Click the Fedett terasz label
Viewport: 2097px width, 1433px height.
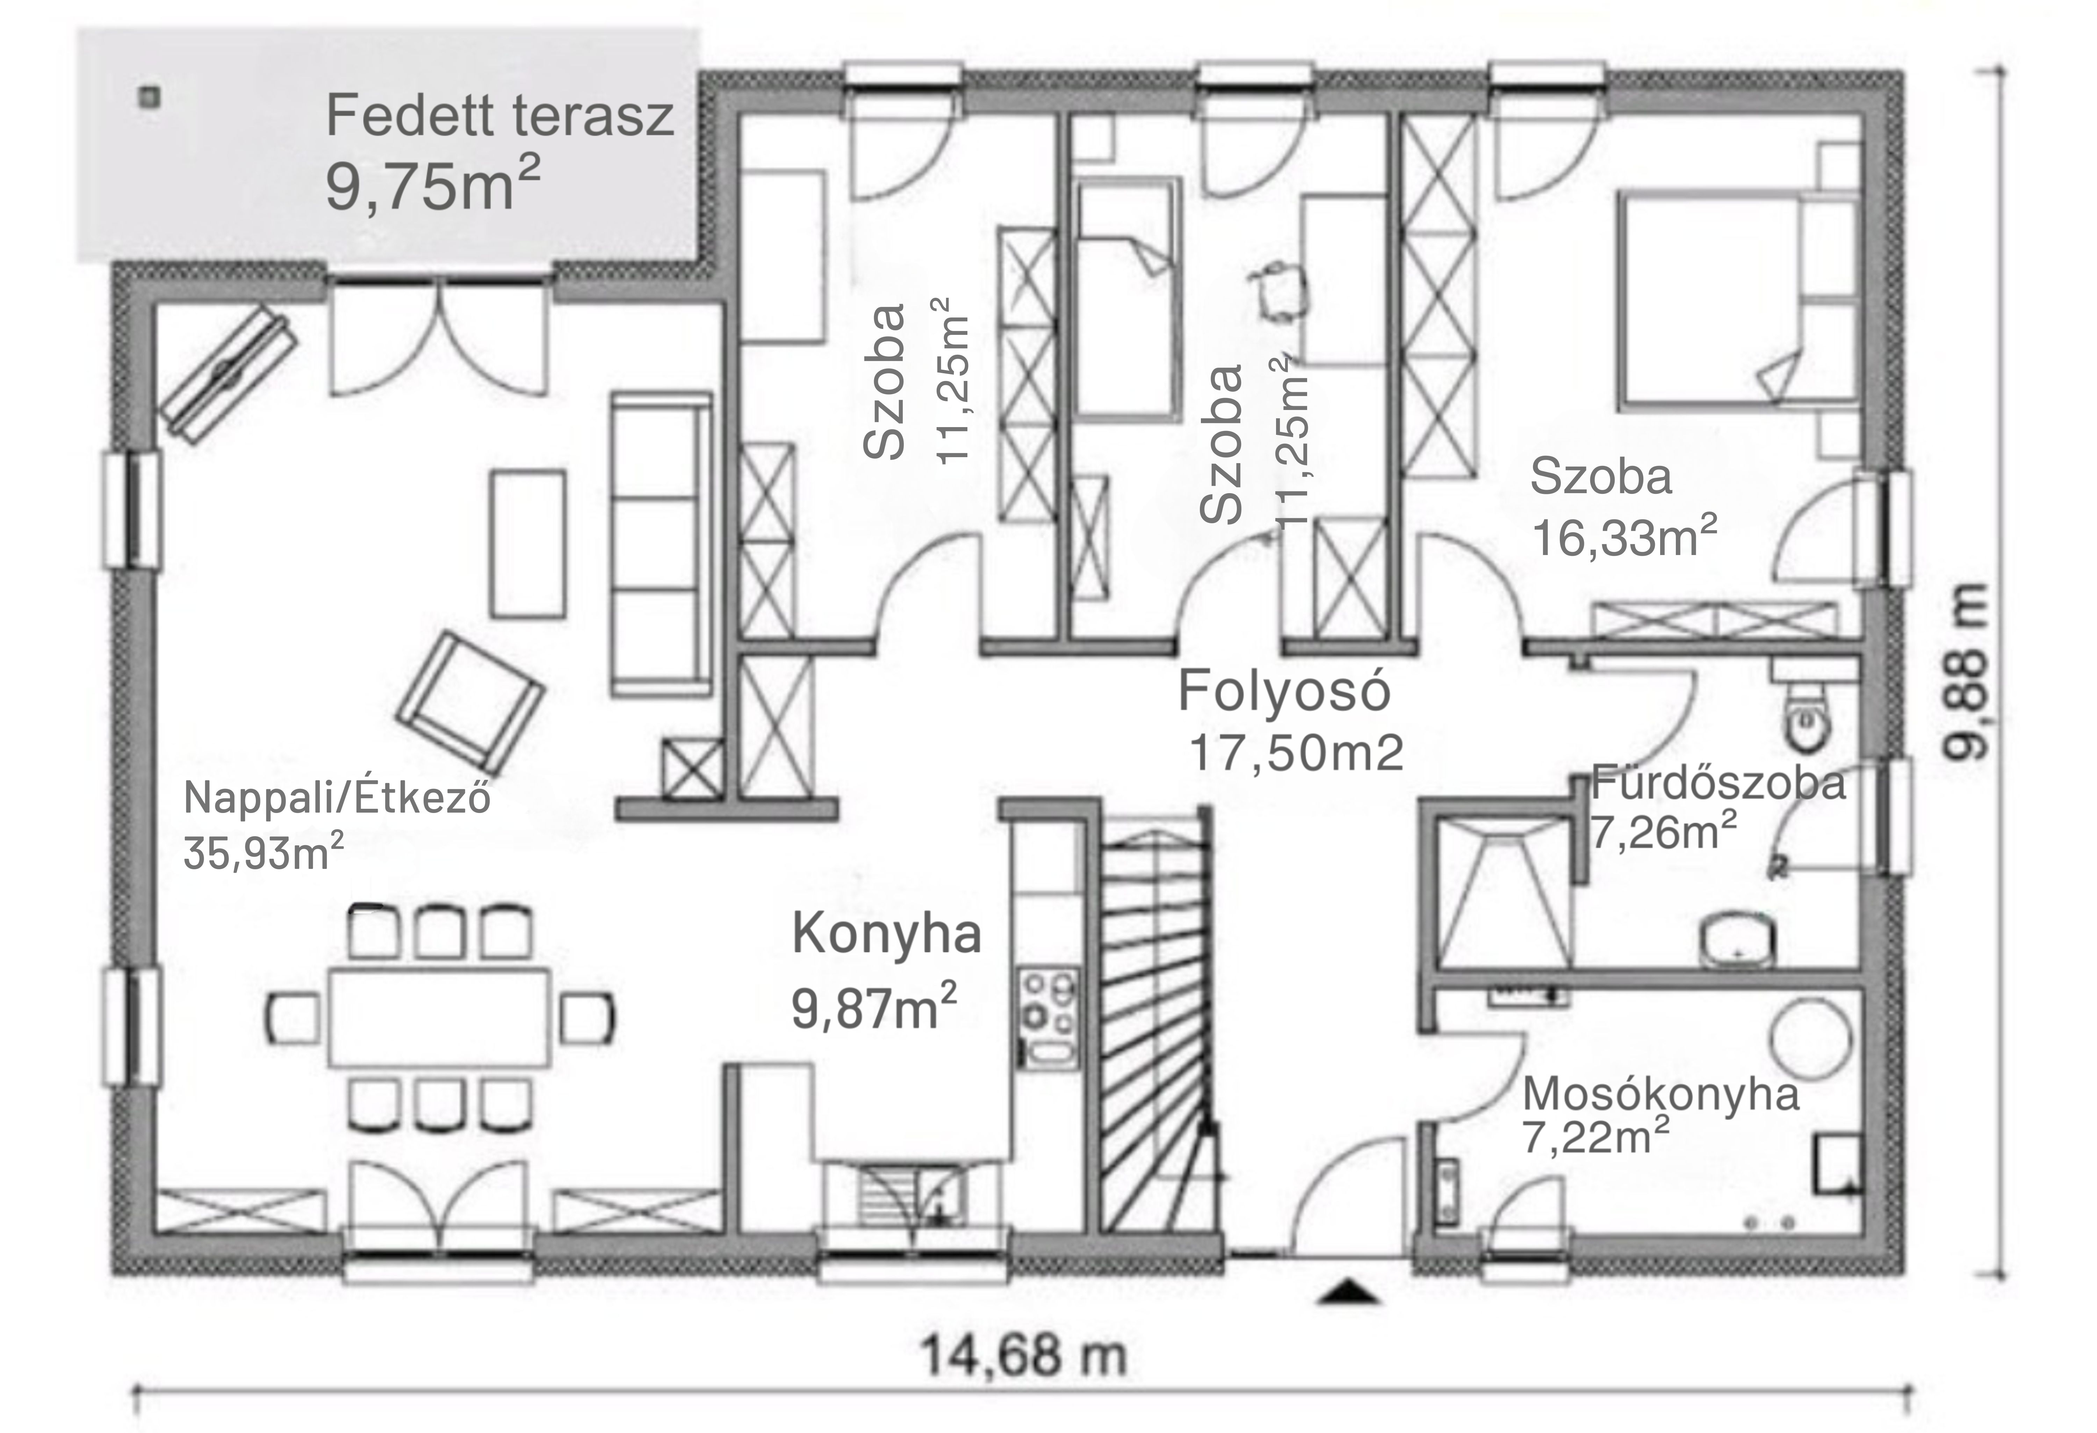click(x=499, y=116)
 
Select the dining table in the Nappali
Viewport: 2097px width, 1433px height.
click(x=439, y=1017)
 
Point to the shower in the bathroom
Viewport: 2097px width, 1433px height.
click(x=1503, y=893)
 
